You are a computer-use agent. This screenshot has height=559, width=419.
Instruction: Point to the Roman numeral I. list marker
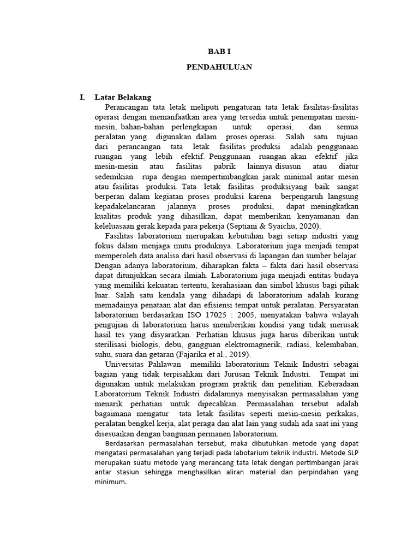pyautogui.click(x=82, y=98)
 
